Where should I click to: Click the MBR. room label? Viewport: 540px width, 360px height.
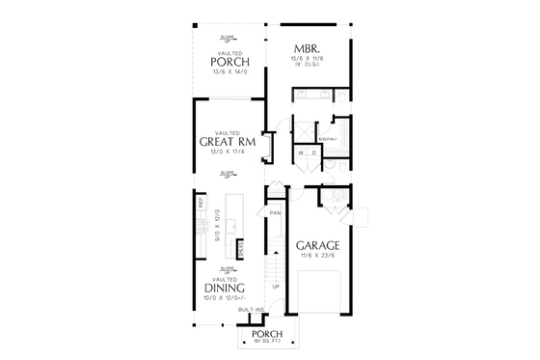pos(308,47)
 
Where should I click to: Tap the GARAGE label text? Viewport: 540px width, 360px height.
pos(317,245)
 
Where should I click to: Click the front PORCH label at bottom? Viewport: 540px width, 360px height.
pos(266,334)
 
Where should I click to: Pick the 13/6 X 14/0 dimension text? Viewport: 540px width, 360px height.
pos(229,72)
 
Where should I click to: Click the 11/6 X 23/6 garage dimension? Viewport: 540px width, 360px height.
pos(317,256)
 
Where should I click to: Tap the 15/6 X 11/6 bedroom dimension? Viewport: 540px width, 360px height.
pos(308,59)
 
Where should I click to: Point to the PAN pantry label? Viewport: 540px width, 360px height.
pos(275,213)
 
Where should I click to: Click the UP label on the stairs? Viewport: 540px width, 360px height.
pos(277,287)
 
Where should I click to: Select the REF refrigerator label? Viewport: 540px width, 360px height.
pos(201,204)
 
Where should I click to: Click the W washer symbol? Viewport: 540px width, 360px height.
pos(301,152)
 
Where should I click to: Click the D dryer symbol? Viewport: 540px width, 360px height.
pos(313,152)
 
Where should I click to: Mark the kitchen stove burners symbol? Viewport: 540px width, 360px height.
pos(201,229)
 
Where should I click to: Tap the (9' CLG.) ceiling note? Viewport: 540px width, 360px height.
pos(308,66)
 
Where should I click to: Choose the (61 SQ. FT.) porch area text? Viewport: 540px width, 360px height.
pos(266,342)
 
